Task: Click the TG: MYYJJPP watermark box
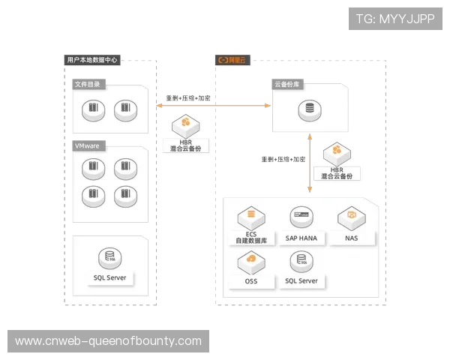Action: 395,19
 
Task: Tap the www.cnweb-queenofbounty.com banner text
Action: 108,341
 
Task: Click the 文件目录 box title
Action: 87,85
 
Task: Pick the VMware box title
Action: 87,145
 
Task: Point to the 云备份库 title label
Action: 286,85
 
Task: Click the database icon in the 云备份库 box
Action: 307,110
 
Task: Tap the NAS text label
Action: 351,238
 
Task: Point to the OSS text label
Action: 250,281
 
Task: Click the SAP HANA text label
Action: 302,238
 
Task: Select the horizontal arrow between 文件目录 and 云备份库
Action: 214,105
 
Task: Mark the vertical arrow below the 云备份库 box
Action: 308,161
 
